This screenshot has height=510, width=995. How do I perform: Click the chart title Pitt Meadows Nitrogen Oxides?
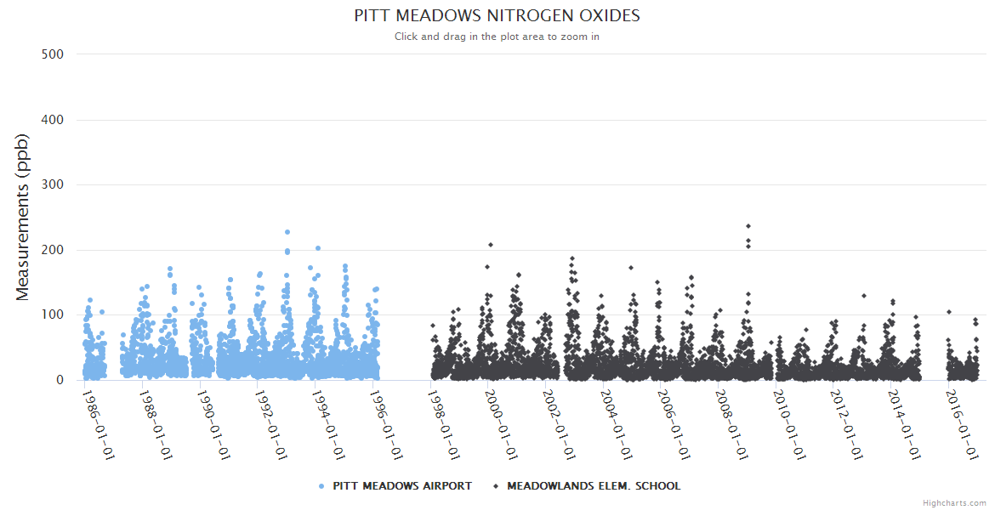pyautogui.click(x=497, y=16)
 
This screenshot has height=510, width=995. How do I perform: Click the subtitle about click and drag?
pyautogui.click(x=497, y=37)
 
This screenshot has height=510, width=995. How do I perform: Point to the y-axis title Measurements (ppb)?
pyautogui.click(x=23, y=218)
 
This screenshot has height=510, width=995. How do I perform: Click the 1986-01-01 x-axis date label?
pyautogui.click(x=98, y=424)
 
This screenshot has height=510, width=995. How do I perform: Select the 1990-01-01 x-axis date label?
pyautogui.click(x=213, y=424)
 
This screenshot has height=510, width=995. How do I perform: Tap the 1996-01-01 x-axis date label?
pyautogui.click(x=385, y=424)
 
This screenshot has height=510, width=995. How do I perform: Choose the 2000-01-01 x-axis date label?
pyautogui.click(x=500, y=424)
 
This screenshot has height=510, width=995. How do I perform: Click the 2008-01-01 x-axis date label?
pyautogui.click(x=730, y=424)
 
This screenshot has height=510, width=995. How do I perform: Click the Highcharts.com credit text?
pyautogui.click(x=954, y=503)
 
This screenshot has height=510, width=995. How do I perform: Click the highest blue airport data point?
pyautogui.click(x=287, y=232)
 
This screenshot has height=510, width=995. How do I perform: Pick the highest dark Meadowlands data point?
pyautogui.click(x=748, y=226)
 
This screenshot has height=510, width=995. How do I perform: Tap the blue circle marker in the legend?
pyautogui.click(x=321, y=486)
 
